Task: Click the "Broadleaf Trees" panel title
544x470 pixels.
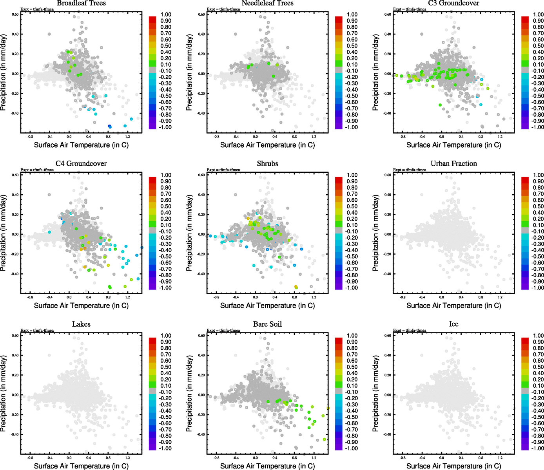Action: (81, 3)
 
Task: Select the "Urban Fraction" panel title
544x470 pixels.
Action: (453, 164)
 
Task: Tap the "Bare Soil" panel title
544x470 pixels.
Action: (267, 324)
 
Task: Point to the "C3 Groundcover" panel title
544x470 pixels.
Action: (453, 3)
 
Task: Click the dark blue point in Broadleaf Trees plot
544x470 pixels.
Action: (110, 126)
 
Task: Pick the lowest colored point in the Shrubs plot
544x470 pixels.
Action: (296, 287)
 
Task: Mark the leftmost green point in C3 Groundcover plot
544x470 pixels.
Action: (397, 75)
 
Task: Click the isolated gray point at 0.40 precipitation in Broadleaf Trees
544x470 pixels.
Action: (49, 34)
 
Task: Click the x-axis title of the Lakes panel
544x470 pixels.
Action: (81, 466)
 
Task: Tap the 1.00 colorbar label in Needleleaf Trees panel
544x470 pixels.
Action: (352, 14)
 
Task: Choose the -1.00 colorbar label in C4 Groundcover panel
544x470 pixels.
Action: (165, 288)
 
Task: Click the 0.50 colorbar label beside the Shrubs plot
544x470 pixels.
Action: (352, 206)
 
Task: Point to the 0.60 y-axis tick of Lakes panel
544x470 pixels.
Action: (15, 336)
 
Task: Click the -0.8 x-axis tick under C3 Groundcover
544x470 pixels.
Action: (403, 137)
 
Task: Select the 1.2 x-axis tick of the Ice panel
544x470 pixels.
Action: (500, 458)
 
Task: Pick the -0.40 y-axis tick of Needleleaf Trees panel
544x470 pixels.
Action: (201, 113)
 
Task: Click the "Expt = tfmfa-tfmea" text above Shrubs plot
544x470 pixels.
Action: (223, 170)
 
